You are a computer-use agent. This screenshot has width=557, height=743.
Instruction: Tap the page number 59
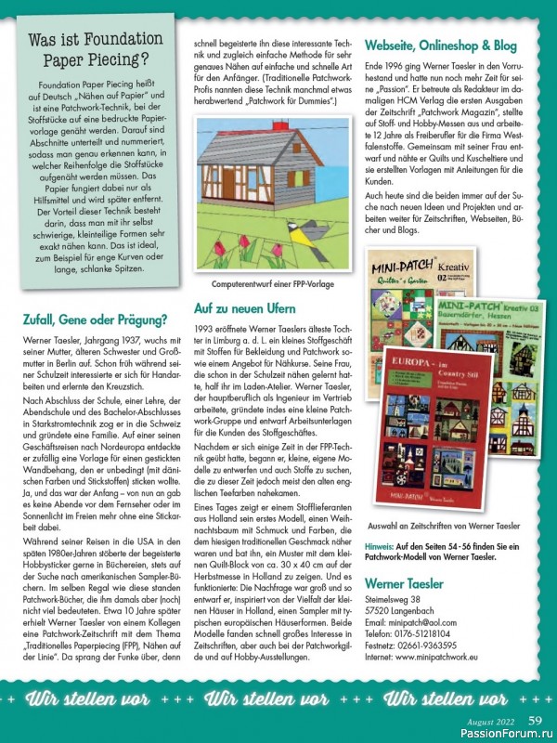[x=537, y=720]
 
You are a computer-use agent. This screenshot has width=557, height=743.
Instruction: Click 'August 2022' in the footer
[x=491, y=721]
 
